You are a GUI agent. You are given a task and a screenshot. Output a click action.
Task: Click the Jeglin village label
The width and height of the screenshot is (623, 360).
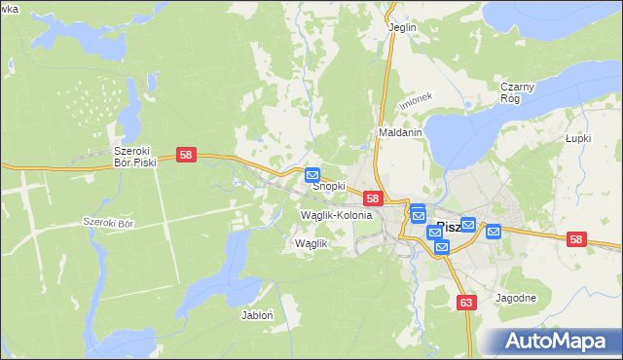point(402,27)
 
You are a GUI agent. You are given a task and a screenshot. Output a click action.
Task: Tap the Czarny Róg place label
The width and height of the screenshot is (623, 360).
point(517,92)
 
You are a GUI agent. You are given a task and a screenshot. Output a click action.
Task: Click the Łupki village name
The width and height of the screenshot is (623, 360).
point(579,139)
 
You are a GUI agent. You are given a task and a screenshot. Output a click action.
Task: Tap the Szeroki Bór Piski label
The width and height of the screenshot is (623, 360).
point(134,157)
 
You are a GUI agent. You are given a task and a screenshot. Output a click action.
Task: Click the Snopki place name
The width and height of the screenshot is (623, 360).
point(328,186)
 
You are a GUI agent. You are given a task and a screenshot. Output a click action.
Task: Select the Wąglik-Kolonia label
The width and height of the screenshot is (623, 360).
point(337,214)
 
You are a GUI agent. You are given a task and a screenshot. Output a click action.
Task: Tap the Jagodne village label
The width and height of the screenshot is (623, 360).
point(515,298)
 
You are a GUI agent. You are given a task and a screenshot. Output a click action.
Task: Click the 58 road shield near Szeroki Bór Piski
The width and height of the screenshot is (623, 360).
point(188,155)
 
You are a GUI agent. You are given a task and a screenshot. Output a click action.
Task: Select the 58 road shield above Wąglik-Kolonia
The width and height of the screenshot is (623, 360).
point(372,198)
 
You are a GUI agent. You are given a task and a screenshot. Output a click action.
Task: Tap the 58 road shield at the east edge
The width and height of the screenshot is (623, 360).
point(577,239)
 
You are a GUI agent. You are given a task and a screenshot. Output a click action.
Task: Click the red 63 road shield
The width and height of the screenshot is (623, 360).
point(467,303)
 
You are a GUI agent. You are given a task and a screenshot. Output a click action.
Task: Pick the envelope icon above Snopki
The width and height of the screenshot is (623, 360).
point(312,175)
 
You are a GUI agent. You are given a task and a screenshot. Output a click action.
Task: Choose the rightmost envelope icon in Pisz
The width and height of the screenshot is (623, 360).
point(493,231)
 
